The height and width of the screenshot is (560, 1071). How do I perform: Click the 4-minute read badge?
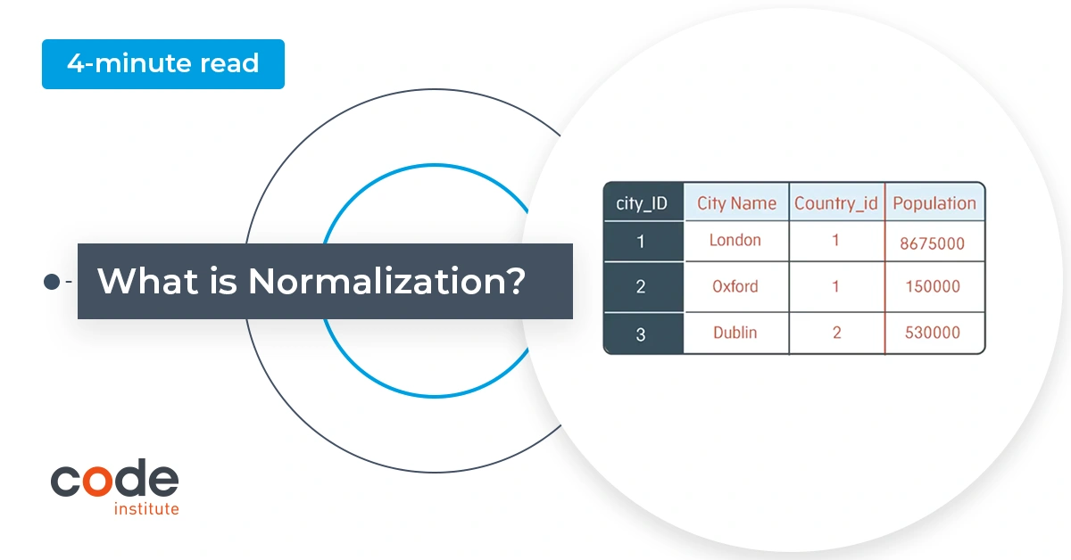(162, 64)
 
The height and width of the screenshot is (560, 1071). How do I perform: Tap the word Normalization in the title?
(386, 282)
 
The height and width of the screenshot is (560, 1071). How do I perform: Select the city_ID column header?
(643, 203)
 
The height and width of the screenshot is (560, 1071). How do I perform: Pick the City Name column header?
(736, 203)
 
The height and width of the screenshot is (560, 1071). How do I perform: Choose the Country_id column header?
(836, 203)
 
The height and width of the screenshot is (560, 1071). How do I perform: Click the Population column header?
(934, 203)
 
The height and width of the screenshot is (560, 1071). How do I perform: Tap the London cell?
(735, 241)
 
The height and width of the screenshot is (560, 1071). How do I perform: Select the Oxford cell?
(735, 287)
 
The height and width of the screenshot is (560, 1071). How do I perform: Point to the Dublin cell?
(735, 333)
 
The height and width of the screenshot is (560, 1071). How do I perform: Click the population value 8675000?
(932, 243)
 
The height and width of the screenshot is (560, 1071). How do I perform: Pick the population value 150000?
(932, 287)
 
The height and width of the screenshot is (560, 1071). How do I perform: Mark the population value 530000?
(932, 333)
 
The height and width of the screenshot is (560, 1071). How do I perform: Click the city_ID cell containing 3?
(641, 334)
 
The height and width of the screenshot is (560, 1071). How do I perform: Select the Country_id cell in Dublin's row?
(836, 333)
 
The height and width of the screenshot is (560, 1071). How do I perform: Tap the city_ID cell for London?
(641, 242)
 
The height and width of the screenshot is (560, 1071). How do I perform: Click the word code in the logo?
(114, 481)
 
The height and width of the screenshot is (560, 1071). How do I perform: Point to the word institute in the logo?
(146, 509)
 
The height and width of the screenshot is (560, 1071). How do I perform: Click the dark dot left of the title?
(52, 282)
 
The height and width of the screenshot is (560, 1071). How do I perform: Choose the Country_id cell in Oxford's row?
(836, 287)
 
